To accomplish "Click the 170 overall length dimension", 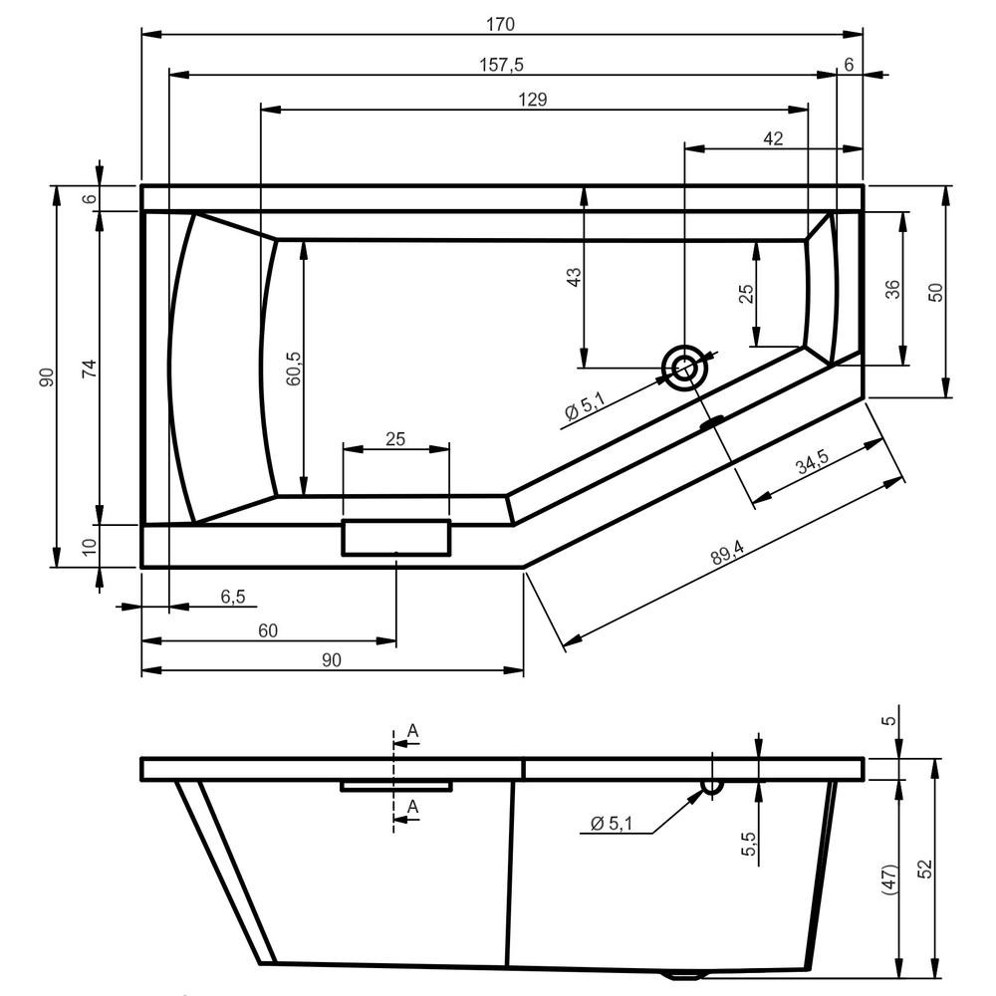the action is click(500, 24).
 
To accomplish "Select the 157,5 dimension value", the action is click(501, 65).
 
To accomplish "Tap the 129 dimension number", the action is click(532, 99).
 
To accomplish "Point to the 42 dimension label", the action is click(773, 138).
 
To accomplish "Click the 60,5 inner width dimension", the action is click(294, 369).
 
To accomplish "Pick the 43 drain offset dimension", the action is click(573, 277).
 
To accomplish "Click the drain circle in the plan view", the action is click(684, 368).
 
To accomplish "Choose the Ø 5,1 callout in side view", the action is click(612, 824).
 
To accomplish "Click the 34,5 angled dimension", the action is click(813, 462).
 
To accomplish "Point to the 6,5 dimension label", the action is click(232, 597).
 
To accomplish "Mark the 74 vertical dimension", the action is click(91, 369).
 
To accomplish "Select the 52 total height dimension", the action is click(925, 869).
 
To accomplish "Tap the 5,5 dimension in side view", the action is click(749, 844).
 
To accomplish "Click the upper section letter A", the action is click(413, 731).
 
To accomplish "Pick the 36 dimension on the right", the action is click(892, 290).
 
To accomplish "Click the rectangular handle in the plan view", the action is click(396, 538).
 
